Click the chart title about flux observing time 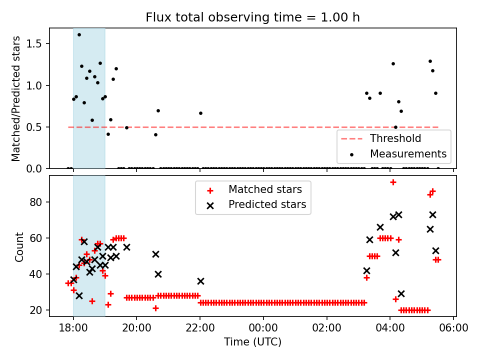pyautogui.click(x=252, y=17)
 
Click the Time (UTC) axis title pyautogui.click(x=252, y=342)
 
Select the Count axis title pyautogui.click(x=19, y=247)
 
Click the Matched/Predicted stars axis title pyautogui.click(x=16, y=98)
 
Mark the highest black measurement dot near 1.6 pyautogui.click(x=79, y=34)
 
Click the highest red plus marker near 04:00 pyautogui.click(x=393, y=182)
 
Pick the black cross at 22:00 pyautogui.click(x=200, y=281)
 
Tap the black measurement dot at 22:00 pyautogui.click(x=200, y=113)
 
